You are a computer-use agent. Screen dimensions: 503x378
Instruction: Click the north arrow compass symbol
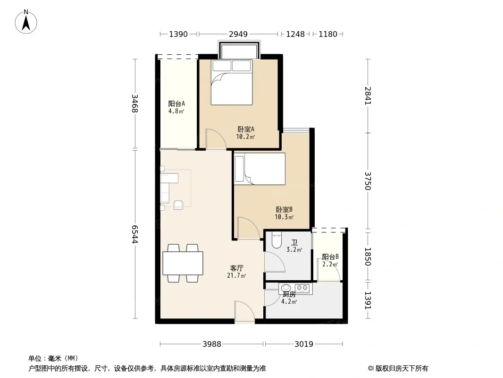click(26, 22)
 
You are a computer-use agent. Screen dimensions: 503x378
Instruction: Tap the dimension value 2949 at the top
click(238, 34)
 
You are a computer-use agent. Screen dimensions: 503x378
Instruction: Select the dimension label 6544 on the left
click(135, 234)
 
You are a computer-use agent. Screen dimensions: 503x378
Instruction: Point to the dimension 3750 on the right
click(368, 181)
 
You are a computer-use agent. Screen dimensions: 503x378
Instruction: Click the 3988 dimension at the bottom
click(212, 344)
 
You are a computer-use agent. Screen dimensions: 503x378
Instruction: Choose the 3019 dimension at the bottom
click(304, 344)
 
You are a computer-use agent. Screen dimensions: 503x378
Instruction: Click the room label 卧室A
click(246, 129)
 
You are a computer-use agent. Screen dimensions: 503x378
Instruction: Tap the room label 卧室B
click(284, 209)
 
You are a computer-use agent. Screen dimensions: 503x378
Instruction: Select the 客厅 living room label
click(237, 268)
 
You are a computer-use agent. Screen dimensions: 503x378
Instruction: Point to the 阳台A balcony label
click(177, 104)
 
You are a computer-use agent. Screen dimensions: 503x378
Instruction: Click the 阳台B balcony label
click(330, 257)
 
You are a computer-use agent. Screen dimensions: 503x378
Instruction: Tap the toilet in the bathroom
click(276, 240)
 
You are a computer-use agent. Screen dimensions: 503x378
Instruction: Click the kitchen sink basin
click(285, 288)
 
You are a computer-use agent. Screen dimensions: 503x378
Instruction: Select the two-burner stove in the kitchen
click(302, 288)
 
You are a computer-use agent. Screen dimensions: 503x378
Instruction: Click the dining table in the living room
click(183, 263)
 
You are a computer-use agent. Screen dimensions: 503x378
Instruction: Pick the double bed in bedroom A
click(232, 82)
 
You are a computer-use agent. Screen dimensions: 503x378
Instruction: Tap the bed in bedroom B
click(260, 169)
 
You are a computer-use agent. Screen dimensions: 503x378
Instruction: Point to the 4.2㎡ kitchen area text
click(289, 301)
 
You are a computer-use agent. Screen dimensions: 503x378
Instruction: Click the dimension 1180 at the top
click(328, 34)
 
